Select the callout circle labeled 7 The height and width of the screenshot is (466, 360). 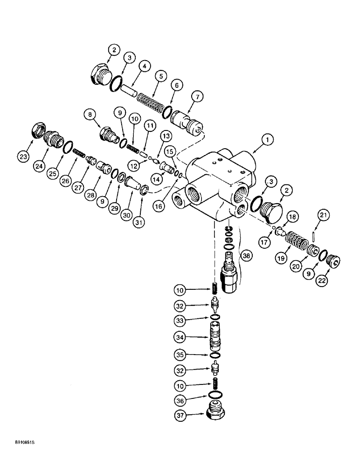pos(197,97)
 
